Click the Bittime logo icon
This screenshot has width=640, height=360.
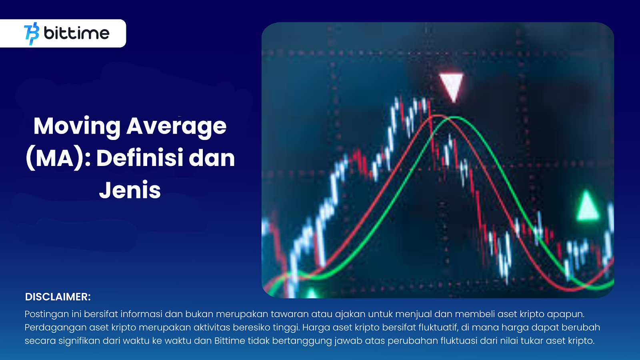coord(32,34)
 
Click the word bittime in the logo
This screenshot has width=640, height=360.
coord(76,33)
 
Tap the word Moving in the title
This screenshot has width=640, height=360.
coord(77,126)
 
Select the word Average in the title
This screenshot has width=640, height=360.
coord(176,126)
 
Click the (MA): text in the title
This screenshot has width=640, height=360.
coord(58,159)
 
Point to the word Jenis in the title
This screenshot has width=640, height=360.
coord(130,190)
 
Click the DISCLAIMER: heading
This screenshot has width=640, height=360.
coord(58,297)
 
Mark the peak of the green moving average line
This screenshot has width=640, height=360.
coord(455,117)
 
